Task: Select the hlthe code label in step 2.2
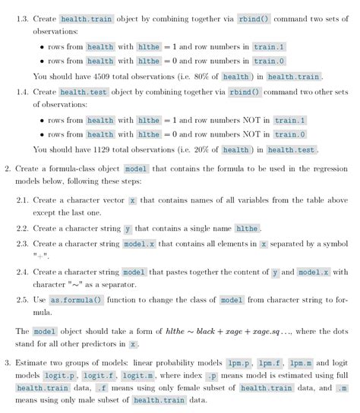pyautogui.click(x=247, y=229)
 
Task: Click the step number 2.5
pyautogui.click(x=23, y=301)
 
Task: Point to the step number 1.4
pyautogui.click(x=23, y=92)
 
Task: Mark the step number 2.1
pyautogui.click(x=23, y=200)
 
